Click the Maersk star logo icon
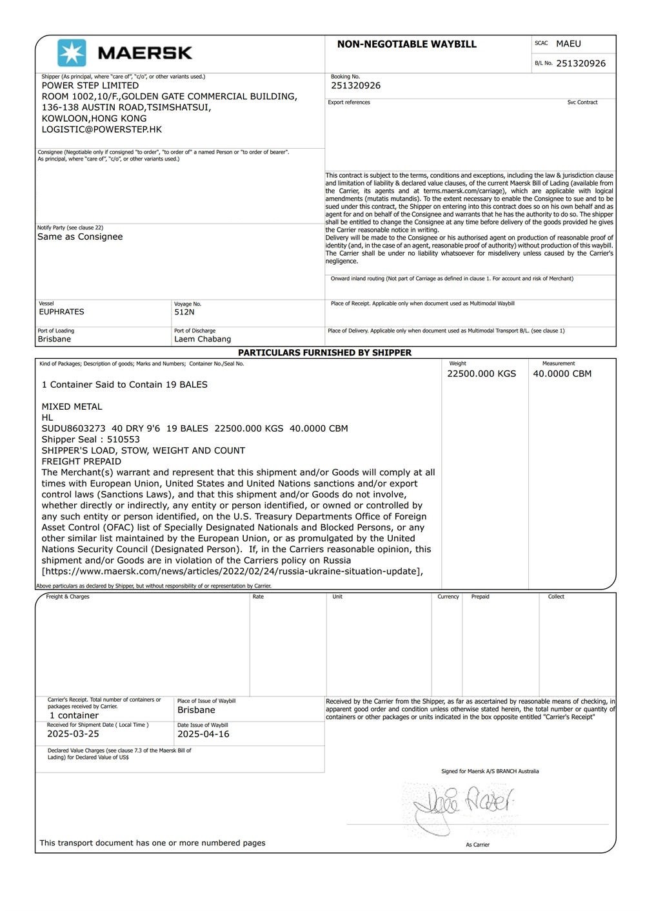tap(71, 53)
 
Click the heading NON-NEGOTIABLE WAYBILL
tap(406, 44)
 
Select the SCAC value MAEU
tap(568, 44)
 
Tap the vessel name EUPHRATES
tap(61, 312)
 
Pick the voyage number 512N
tap(184, 312)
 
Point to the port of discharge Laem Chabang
tap(202, 339)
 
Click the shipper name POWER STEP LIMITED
tap(90, 85)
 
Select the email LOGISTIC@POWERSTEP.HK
tap(101, 129)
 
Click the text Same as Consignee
tap(79, 236)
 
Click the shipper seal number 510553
tap(123, 439)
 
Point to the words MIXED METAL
tap(72, 407)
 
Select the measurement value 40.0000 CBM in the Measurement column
tap(562, 374)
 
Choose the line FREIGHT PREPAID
tap(81, 461)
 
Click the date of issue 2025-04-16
tap(203, 734)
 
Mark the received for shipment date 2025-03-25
tap(73, 734)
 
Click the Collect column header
tap(556, 597)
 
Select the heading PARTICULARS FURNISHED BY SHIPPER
tap(324, 352)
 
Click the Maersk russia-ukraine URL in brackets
tap(232, 571)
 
